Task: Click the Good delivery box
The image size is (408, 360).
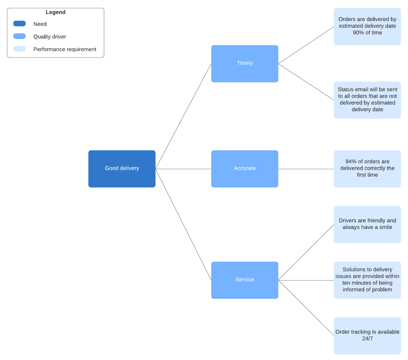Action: pos(122,169)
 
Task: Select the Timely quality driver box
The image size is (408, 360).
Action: pos(244,63)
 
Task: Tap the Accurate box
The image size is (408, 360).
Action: pos(244,169)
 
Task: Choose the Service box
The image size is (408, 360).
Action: pos(244,280)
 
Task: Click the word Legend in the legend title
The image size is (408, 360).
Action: pos(55,12)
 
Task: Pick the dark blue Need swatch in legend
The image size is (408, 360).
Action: pos(19,24)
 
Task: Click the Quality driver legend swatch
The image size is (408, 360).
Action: pos(19,36)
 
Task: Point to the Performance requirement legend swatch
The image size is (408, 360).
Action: pos(19,49)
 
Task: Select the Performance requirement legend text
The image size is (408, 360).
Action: pos(65,49)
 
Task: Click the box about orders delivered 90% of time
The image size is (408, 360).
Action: pos(367,26)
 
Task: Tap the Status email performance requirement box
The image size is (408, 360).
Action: pos(367,100)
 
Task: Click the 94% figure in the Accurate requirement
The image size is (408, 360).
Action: pos(351,161)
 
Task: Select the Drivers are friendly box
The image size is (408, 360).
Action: pos(367,224)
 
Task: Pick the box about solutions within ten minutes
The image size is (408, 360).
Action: pos(367,280)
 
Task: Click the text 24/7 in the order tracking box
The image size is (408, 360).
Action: pos(367,339)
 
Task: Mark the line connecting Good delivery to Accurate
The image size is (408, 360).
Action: pos(183,169)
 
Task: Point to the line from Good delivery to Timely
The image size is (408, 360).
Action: pos(183,116)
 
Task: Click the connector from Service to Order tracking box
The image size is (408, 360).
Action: pos(306,308)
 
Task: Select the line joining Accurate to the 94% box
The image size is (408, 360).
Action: pos(306,169)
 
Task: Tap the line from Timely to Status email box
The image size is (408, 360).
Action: pos(306,82)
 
